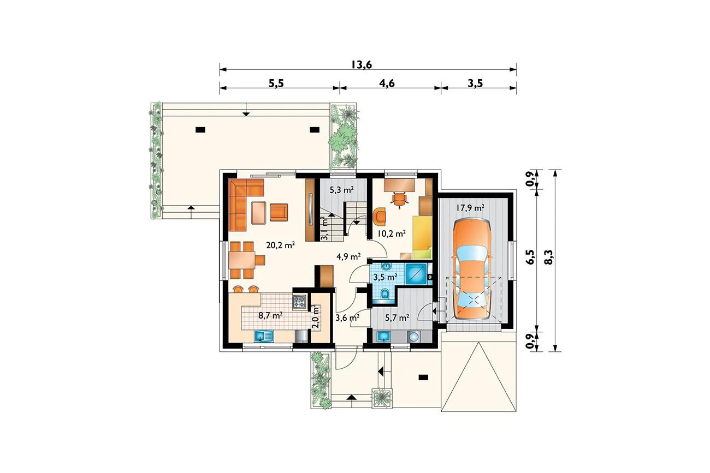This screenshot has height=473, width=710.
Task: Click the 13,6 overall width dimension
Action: coord(362,64)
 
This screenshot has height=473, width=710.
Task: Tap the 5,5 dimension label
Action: coord(276,83)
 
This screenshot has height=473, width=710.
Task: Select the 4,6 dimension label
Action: coord(387,83)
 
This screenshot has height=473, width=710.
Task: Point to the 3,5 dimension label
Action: coord(475,83)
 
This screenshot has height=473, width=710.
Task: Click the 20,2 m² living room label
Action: coord(281,245)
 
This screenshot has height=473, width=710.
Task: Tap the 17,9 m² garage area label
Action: coord(470,208)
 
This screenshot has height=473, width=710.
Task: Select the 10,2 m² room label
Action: coord(392,233)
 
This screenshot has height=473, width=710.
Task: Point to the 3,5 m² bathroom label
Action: coord(386,278)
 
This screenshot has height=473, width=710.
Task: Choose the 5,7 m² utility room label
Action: coord(397,318)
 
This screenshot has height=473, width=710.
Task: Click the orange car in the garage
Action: coord(471,269)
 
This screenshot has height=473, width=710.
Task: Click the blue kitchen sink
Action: coord(264,336)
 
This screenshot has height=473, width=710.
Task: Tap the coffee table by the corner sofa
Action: coord(259,213)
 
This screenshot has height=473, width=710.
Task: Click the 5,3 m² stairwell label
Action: coord(342,190)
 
